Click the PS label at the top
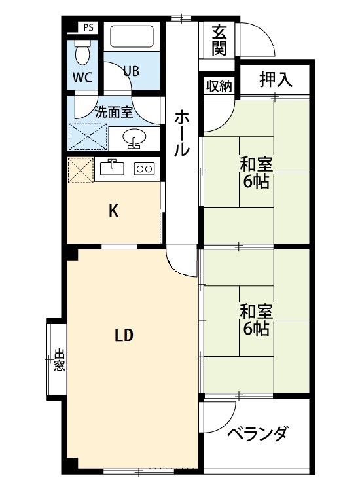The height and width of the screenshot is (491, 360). click(x=88, y=28)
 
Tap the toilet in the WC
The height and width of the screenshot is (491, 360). click(x=82, y=49)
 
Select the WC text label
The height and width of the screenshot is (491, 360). click(x=82, y=76)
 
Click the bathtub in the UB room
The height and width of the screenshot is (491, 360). click(x=132, y=37)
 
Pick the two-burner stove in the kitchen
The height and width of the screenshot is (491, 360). click(x=144, y=168)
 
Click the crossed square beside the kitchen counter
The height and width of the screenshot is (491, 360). click(x=81, y=170)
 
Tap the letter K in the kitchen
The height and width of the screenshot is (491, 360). click(x=113, y=211)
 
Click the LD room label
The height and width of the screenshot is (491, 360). click(x=124, y=336)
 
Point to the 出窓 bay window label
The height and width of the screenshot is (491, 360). click(x=59, y=359)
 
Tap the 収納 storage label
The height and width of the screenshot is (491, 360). click(x=219, y=86)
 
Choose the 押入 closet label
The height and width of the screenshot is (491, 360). click(x=274, y=80)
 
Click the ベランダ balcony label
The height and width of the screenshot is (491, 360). click(x=257, y=433)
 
